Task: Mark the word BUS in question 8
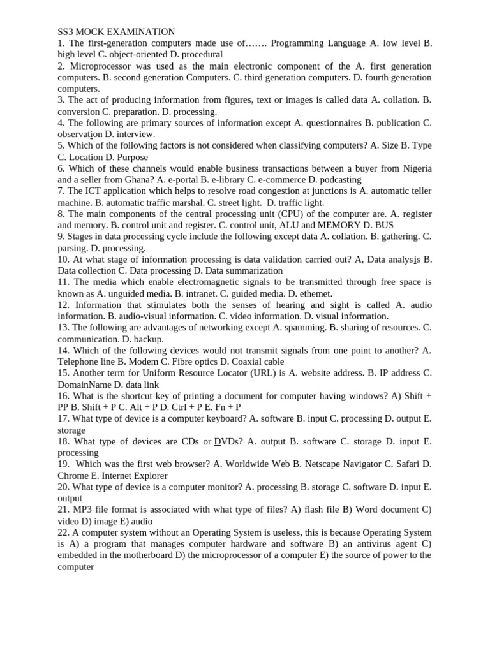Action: [x=384, y=225]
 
